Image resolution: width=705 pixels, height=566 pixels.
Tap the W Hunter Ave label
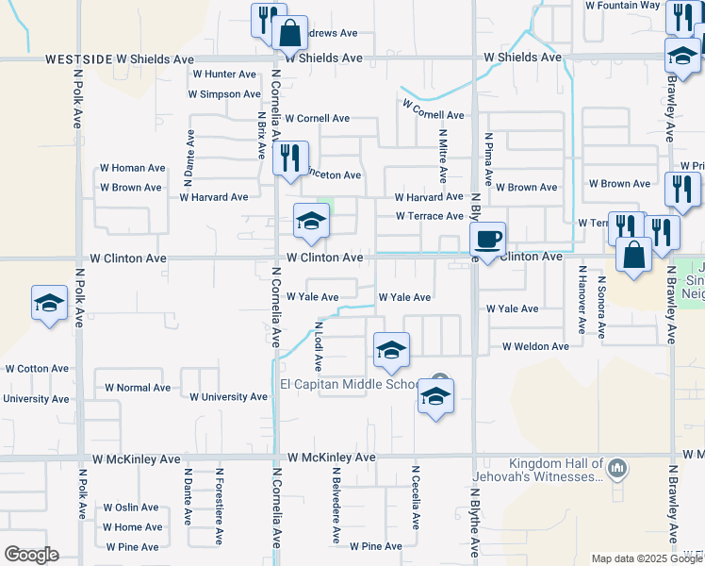223,74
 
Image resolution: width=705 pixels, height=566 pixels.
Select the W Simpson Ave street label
223,94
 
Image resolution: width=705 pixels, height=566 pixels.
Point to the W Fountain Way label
622,5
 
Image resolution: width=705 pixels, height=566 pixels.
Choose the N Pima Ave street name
489,159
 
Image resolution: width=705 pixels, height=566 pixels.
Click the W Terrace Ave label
429,216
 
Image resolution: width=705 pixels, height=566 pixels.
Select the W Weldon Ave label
535,346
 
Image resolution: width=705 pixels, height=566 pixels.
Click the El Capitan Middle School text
350,385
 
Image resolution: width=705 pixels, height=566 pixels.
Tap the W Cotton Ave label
37,369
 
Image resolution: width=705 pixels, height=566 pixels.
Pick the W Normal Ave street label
138,388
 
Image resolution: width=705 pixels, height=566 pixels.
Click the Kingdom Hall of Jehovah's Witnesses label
556,470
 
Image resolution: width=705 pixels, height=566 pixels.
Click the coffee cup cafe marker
487,240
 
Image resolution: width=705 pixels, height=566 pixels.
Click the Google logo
31,555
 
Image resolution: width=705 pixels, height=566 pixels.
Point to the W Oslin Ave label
131,508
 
